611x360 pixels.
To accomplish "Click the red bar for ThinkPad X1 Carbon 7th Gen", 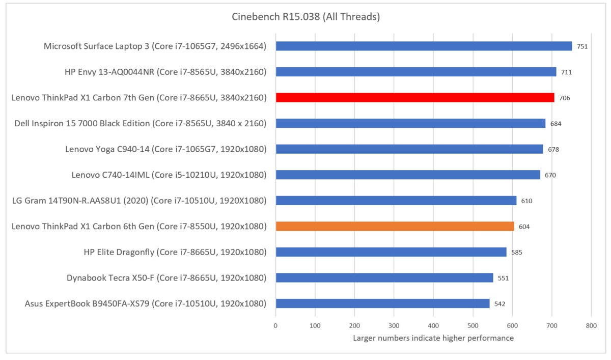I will (x=414, y=98).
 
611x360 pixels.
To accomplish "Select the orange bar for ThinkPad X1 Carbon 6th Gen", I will (x=395, y=226).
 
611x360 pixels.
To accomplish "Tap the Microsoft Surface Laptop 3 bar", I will (x=424, y=46).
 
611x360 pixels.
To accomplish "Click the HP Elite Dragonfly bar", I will (x=391, y=252).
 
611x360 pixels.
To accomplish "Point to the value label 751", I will (x=582, y=46).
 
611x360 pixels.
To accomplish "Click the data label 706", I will (x=564, y=98).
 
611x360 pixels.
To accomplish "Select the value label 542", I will (x=500, y=304).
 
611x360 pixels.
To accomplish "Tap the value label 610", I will (x=526, y=201).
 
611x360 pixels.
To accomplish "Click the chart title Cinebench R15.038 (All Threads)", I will (x=305, y=17).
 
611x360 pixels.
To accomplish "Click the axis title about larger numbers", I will (x=433, y=338).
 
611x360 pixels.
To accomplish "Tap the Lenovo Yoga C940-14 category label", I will (x=166, y=149).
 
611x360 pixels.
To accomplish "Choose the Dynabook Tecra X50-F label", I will (x=166, y=278).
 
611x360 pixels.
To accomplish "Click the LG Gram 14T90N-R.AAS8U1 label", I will (x=139, y=201).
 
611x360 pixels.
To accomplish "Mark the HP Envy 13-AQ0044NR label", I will (x=165, y=72).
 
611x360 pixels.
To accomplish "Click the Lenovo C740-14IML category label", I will (x=169, y=175).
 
